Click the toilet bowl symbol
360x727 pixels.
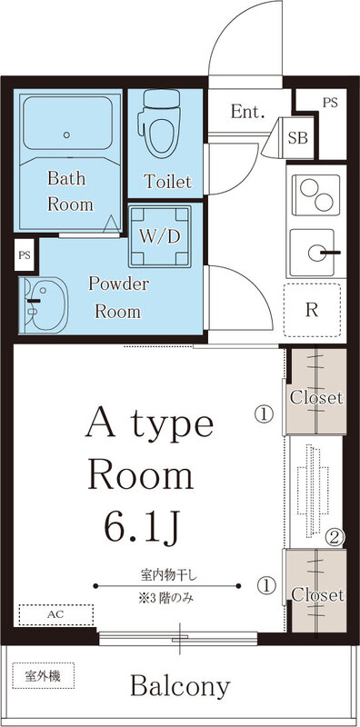(159, 126)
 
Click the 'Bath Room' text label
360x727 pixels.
(70, 191)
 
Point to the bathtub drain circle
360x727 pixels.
(67, 135)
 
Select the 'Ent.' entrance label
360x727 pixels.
(246, 113)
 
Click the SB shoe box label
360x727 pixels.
(296, 138)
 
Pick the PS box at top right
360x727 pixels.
(329, 103)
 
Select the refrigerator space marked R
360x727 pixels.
(312, 309)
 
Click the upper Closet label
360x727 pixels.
(315, 398)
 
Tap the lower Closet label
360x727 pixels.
(315, 595)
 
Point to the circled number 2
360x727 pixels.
(335, 538)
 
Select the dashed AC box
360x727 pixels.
(55, 615)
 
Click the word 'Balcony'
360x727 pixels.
(179, 685)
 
